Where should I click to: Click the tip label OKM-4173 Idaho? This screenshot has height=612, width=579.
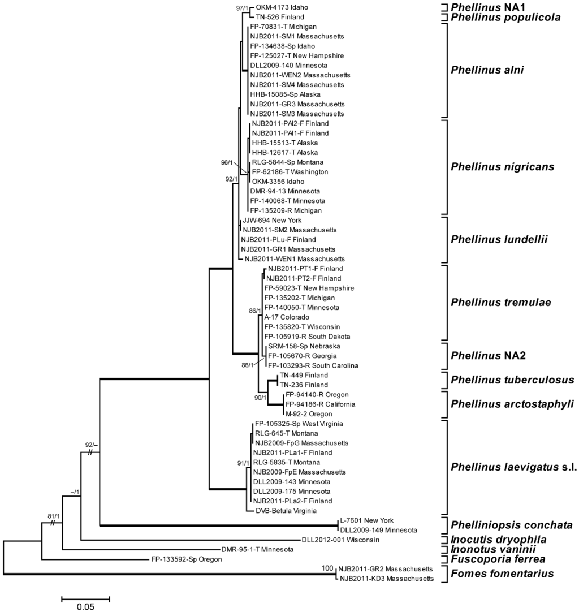[x=280, y=8]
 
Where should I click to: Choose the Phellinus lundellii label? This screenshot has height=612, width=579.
[x=500, y=239]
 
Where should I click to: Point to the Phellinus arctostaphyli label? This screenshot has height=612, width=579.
[x=512, y=403]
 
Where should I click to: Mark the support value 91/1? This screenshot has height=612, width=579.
[x=244, y=463]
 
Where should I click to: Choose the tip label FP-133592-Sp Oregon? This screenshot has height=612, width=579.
[x=187, y=559]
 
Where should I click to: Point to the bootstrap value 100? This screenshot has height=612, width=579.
[x=327, y=568]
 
